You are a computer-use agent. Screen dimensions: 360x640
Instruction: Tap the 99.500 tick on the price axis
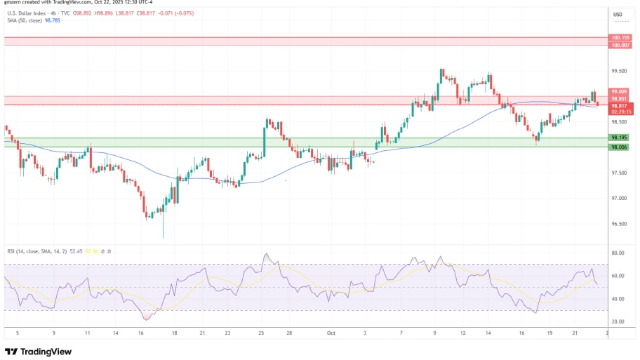click(619, 71)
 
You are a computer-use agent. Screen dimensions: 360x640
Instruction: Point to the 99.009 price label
click(619, 91)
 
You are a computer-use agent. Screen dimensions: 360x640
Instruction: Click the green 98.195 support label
click(619, 138)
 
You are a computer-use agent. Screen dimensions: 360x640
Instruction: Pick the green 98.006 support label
click(619, 147)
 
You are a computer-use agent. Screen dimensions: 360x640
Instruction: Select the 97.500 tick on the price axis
click(619, 173)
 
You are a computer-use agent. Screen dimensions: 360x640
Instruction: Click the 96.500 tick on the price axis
click(619, 224)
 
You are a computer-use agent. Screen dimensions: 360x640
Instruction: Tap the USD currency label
click(618, 15)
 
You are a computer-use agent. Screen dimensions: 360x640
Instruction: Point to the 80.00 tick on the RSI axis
click(618, 253)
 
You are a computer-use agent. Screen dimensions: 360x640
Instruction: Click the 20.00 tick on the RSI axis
click(618, 322)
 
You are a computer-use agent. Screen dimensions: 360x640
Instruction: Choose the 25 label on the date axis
click(261, 334)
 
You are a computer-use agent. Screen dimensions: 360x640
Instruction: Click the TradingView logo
click(39, 351)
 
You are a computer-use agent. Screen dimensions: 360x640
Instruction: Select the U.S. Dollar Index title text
click(25, 13)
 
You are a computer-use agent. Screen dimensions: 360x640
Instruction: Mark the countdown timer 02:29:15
click(622, 112)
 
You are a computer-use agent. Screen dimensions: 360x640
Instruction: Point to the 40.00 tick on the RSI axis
click(618, 299)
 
